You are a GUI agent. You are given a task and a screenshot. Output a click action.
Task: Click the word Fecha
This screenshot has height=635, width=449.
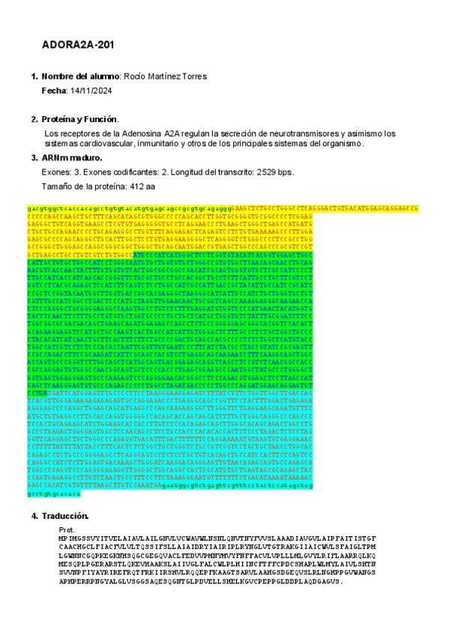pyautogui.click(x=53, y=90)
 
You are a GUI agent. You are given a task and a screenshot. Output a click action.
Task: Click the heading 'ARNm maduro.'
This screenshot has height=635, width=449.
pyautogui.click(x=72, y=158)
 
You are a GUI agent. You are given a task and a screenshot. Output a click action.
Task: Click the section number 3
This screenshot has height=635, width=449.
pyautogui.click(x=34, y=158)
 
